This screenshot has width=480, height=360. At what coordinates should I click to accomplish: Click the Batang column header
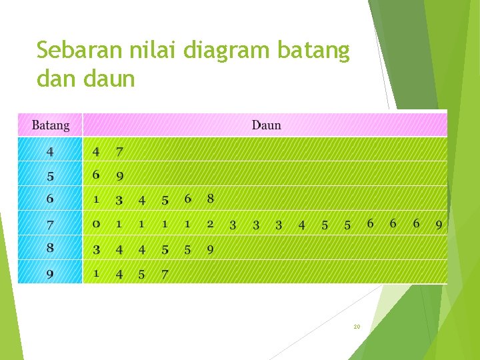[x=50, y=125]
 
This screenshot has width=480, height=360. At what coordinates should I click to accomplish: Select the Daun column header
[x=266, y=125]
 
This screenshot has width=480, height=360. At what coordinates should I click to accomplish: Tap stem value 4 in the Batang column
[x=50, y=152]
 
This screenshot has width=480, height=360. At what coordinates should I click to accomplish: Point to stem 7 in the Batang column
[x=50, y=224]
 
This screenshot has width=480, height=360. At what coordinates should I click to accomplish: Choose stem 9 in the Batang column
[x=50, y=273]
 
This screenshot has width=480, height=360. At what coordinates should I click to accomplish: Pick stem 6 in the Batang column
[x=50, y=199]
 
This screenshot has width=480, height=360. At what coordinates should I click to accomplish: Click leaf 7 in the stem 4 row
[x=119, y=152]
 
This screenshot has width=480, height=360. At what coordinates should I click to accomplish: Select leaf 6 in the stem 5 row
[x=96, y=175]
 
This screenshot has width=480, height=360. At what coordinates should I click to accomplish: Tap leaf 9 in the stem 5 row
[x=119, y=177]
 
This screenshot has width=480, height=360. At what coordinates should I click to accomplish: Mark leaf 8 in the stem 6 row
[x=211, y=199]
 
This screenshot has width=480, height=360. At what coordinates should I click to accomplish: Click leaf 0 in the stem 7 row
[x=96, y=224]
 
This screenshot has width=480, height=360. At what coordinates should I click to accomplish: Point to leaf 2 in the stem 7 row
[x=210, y=224]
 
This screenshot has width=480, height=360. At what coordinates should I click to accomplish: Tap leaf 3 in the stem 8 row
[x=96, y=250]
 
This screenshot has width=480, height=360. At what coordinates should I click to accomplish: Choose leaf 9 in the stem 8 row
[x=210, y=250]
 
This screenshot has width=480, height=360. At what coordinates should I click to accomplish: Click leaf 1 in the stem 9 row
[x=96, y=273]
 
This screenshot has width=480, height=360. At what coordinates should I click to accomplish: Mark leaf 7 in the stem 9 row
[x=165, y=274]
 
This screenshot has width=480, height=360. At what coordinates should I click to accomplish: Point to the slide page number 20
[x=357, y=327]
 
